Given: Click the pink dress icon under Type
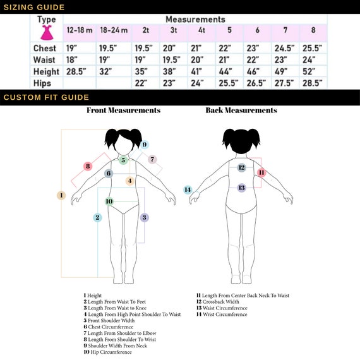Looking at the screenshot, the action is pos(47,33).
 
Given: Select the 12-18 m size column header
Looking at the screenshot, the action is pos(80,30).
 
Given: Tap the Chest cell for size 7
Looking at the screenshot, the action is pos(284,48).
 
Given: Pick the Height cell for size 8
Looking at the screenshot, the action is pos(309,71).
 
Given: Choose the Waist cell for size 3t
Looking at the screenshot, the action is pos(172,60).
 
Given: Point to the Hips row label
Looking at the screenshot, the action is pos(42,83).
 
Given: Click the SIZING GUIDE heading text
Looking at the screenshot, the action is pos(34,7).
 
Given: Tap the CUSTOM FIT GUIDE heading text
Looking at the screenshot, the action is pos(46,97).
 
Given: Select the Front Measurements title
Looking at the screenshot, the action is pos(124,110).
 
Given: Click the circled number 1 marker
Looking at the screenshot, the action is pos(61,195).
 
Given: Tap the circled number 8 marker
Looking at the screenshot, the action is pos(88,166).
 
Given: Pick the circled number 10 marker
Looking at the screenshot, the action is pos(109,201).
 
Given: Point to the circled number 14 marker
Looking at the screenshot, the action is pos(188,189).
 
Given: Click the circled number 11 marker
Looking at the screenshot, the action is pos(261,172).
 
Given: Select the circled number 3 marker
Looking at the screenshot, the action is pos(144,217).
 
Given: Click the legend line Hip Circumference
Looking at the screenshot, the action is pos(107,352).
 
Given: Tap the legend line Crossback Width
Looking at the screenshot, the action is pos(218,301).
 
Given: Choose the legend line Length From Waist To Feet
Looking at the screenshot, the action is pos(114,301).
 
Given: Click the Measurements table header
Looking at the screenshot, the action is pos(195,20).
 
